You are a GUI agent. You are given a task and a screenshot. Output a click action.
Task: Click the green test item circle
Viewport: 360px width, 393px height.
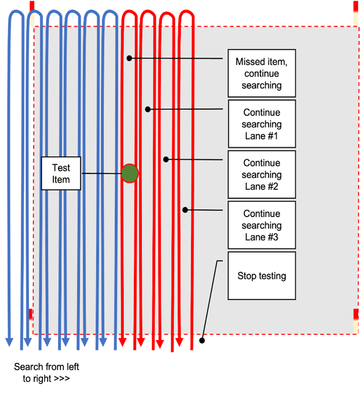pyautogui.click(x=130, y=174)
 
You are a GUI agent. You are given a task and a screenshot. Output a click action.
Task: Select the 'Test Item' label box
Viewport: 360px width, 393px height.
pyautogui.click(x=61, y=174)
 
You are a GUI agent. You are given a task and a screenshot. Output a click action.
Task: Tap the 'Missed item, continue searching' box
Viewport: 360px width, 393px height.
pyautogui.click(x=261, y=73)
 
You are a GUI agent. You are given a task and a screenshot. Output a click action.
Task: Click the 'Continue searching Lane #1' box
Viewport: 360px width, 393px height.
pyautogui.click(x=261, y=124)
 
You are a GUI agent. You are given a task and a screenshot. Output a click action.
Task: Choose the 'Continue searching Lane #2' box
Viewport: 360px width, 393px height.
pyautogui.click(x=261, y=174)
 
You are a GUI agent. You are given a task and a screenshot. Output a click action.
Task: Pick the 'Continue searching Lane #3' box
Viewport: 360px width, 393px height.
pyautogui.click(x=261, y=225)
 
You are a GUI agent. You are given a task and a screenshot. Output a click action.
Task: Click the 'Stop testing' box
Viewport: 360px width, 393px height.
pyautogui.click(x=261, y=275)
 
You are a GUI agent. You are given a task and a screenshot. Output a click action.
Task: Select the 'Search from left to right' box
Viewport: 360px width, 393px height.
pyautogui.click(x=46, y=373)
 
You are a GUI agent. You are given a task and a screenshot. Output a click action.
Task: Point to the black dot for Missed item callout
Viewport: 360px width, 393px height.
pyautogui.click(x=129, y=58)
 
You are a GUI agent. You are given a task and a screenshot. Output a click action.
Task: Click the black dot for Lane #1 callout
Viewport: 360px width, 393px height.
pyautogui.click(x=148, y=109)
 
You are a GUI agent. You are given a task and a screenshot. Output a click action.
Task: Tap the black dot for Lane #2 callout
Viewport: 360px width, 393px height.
pyautogui.click(x=166, y=159)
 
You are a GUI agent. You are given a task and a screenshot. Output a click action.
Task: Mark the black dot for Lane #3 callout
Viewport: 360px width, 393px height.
pyautogui.click(x=185, y=210)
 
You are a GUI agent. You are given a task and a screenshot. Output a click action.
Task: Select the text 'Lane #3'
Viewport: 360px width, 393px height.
pyautogui.click(x=261, y=237)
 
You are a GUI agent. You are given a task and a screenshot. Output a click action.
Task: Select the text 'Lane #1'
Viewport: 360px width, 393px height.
pyautogui.click(x=261, y=136)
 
